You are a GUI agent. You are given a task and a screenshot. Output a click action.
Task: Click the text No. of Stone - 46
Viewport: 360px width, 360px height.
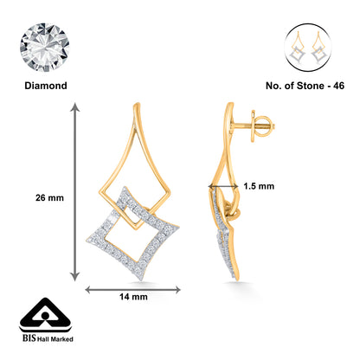pyautogui.click(x=307, y=87)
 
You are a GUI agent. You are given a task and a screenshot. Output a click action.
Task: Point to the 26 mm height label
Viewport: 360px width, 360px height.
pyautogui.click(x=26, y=196)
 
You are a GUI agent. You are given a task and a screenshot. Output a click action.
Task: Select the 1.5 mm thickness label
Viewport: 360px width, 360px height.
pyautogui.click(x=259, y=185)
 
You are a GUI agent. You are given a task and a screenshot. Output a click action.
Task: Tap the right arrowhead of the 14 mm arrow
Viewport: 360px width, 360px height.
pyautogui.click(x=177, y=289)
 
